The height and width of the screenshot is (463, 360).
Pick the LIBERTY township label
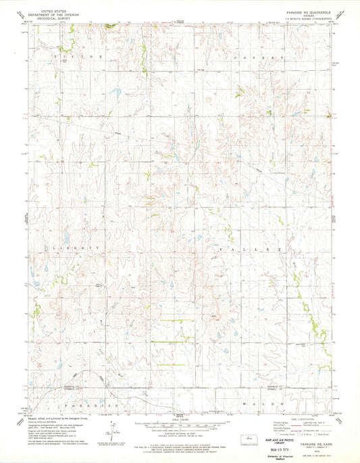[x=75, y=249]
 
